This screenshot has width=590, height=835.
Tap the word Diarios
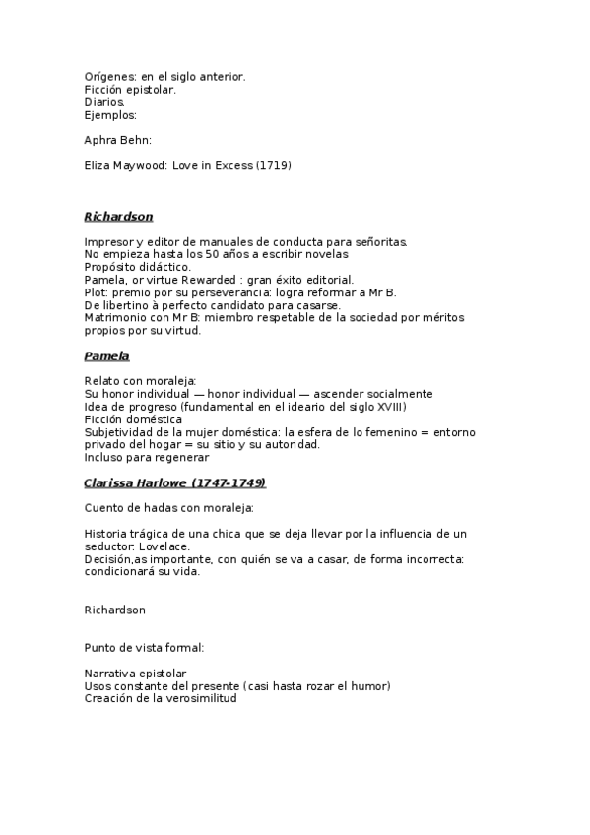click(104, 101)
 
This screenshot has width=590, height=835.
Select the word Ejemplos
click(110, 114)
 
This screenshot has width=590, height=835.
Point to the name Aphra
click(102, 140)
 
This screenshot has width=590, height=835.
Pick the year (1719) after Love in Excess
click(273, 165)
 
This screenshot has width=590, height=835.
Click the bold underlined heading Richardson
click(118, 216)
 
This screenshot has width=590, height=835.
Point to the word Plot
click(96, 292)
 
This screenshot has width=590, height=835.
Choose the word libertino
click(128, 305)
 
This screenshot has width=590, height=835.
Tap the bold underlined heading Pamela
click(106, 355)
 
